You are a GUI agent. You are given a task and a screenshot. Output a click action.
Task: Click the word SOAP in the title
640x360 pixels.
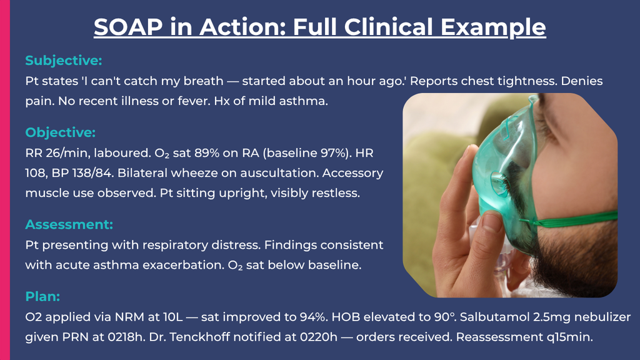[x=128, y=27]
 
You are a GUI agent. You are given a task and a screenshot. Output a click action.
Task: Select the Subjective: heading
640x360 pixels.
[x=64, y=61]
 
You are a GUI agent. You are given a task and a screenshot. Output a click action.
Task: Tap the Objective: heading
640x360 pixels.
[x=61, y=132]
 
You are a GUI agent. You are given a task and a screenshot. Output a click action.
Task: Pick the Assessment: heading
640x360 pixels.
[x=69, y=224]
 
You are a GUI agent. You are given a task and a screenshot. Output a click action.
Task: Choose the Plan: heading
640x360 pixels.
[x=42, y=296]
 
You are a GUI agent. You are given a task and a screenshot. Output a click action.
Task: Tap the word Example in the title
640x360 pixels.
[x=493, y=27]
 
